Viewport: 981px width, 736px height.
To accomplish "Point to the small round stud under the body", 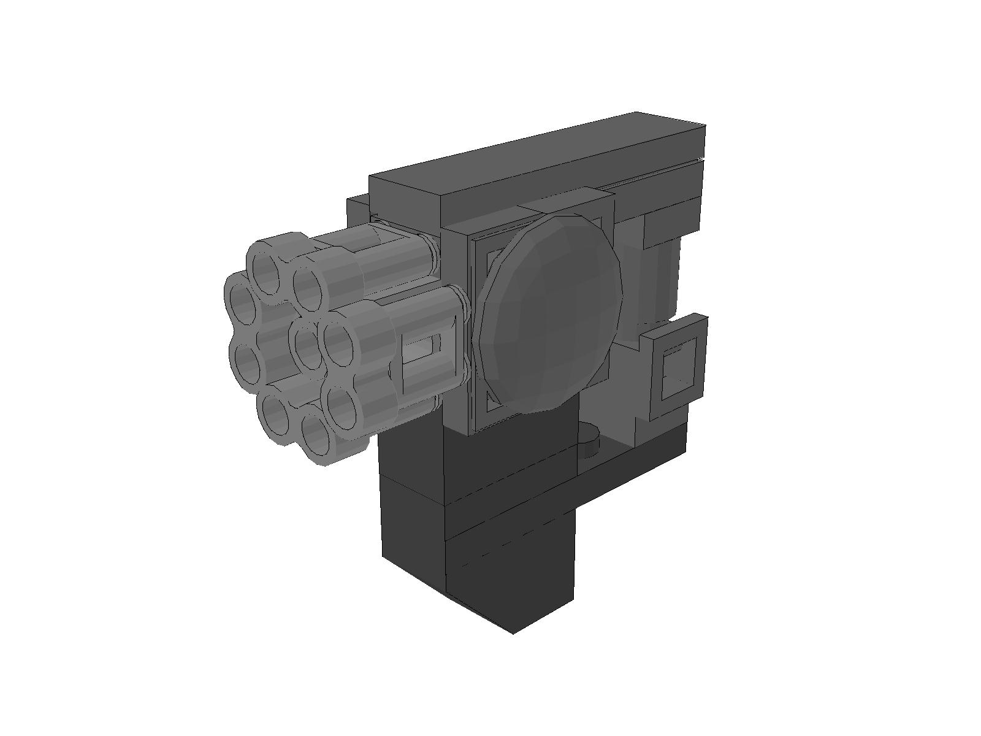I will (590, 433).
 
